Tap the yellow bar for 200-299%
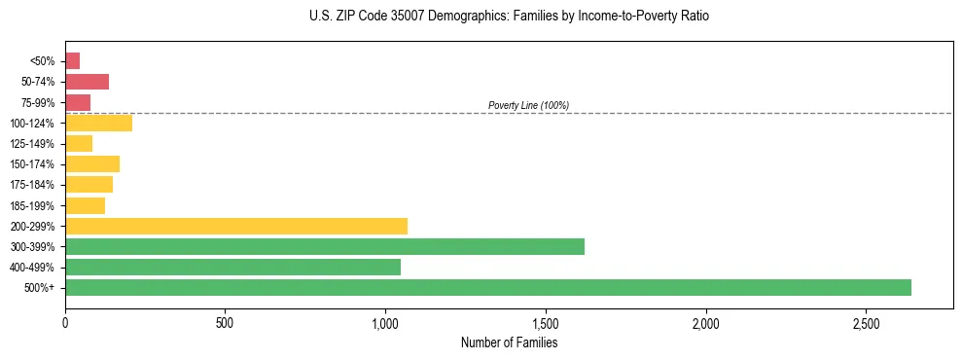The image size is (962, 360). tap(236, 226)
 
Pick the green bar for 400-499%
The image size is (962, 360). tap(232, 267)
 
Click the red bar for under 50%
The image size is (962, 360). tap(73, 61)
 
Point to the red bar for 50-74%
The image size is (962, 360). tap(88, 82)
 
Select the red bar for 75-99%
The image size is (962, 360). tap(78, 102)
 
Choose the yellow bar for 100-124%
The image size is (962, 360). tap(98, 123)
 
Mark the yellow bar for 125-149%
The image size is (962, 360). tap(79, 143)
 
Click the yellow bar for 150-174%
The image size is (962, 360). tap(92, 163)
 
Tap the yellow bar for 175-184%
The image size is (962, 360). tap(89, 184)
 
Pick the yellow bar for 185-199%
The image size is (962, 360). tap(86, 205)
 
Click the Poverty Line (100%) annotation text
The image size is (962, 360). tap(528, 105)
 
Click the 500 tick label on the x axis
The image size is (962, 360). tap(225, 322)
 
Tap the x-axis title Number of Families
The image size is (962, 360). tap(509, 342)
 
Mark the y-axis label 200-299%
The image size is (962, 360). tap(33, 227)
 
